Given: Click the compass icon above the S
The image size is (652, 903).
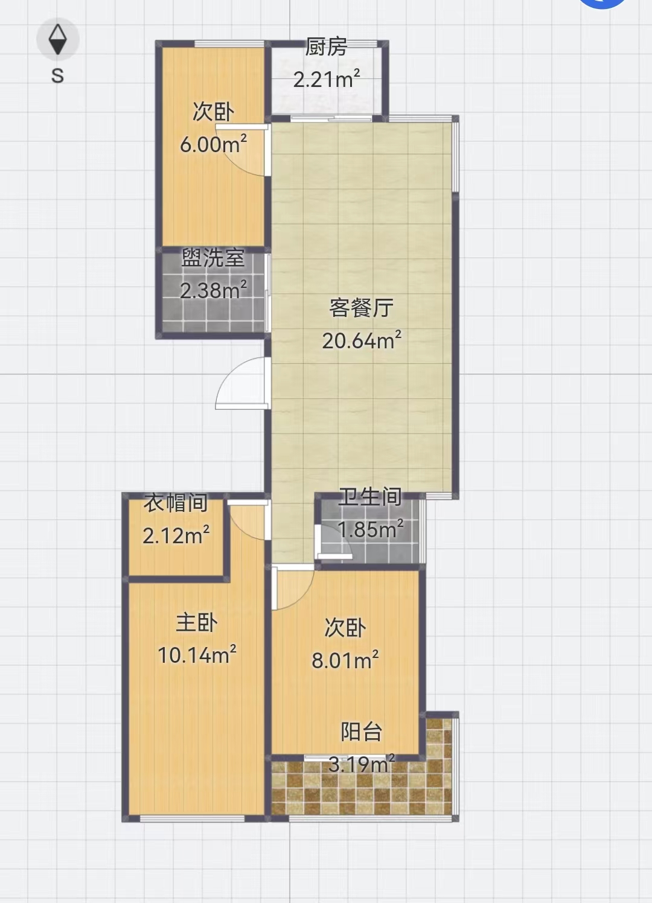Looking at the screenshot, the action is pos(58,39).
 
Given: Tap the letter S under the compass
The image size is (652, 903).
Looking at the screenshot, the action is pos(58,75).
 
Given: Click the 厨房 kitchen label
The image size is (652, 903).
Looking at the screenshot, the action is pos(326,46).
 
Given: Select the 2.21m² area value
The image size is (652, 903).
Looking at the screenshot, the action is pos(326,78).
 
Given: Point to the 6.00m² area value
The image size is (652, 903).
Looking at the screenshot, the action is pos(213,144).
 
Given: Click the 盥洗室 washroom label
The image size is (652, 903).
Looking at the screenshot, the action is pos(213,258).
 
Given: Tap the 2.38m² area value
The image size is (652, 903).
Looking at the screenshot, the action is pos(213,290).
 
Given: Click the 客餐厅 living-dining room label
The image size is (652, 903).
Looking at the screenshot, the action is pos(361,308).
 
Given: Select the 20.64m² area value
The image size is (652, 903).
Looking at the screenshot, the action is pos(361,340).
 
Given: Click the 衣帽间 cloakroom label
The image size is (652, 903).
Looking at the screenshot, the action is pos(176,503).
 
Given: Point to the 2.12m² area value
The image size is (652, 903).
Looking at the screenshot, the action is pos(176,535).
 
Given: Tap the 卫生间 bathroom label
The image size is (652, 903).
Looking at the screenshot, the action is pos(370,497).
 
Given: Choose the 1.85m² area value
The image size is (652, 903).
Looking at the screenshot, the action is pos(370,529).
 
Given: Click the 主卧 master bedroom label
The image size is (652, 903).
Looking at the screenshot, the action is pos(197,623).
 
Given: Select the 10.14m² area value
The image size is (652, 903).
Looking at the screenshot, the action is pos(197,655).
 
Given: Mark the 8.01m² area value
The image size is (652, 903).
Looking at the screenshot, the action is pos(345,660).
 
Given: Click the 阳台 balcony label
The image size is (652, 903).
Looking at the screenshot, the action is pos(361,732).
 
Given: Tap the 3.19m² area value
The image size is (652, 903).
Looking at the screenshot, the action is pos(361,764).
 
